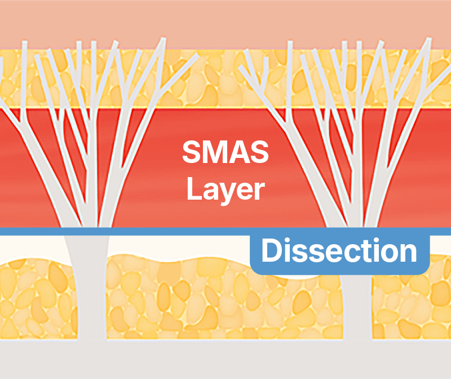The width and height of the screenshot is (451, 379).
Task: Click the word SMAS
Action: [x=225, y=152]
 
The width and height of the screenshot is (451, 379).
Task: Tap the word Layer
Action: [x=225, y=189]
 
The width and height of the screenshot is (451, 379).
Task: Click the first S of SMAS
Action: [x=192, y=152]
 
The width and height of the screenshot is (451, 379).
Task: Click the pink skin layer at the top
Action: [x=225, y=23]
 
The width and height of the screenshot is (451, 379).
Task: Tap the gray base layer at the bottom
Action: [x=225, y=361]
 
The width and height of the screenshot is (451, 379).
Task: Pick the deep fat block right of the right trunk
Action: [x=412, y=310]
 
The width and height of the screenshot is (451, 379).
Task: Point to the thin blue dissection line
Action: [x=169, y=231]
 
